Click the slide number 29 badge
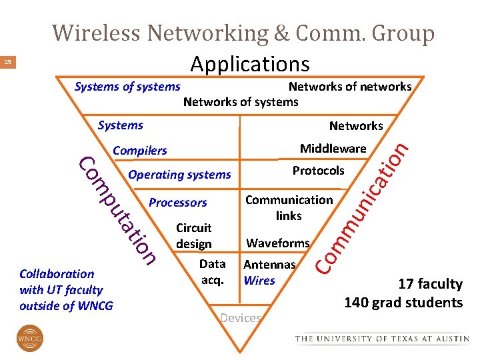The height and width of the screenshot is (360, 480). pos(8,63)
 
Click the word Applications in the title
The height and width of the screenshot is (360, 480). pos(249,64)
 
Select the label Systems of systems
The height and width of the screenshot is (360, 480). pos(127,86)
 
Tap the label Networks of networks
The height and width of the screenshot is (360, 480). pos(349,86)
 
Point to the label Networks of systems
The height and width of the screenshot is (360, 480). pos(241,101)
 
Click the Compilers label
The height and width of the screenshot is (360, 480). pos(140,150)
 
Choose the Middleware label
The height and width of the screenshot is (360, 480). pos(333,148)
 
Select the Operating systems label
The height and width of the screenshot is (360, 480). pos(179,175)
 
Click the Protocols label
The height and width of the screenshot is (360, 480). pos(318,170)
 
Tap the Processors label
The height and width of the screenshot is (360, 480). pos(178,202)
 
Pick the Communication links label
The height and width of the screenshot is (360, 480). pos(289,207)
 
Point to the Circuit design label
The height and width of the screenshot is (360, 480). pos(193,235)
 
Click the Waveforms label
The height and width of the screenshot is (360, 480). pos(278,243)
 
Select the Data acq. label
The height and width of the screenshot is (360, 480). pos(212,271)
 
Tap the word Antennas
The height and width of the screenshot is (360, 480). pos(269,264)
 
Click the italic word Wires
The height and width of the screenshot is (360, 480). pos(259,280)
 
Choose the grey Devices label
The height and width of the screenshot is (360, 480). pos(240,318)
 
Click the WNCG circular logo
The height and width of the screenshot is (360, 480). pos(29,338)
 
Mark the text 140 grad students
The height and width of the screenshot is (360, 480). pos(403,303)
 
